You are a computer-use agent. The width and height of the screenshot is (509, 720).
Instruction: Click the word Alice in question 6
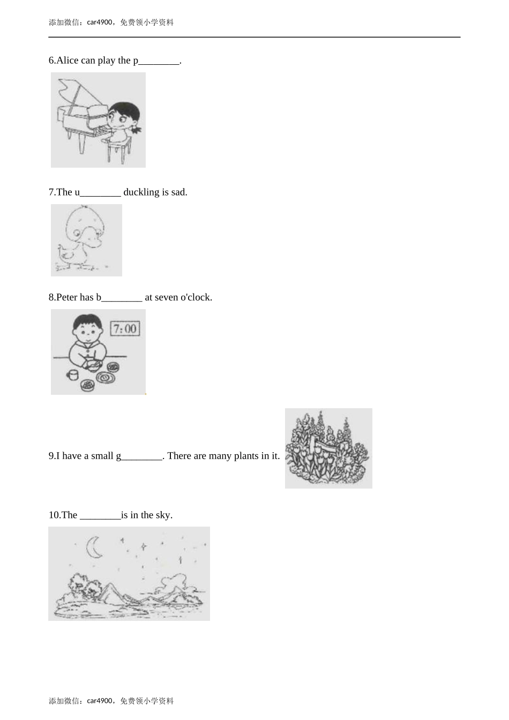pos(67,61)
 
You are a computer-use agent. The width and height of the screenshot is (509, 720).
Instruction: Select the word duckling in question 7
pos(141,192)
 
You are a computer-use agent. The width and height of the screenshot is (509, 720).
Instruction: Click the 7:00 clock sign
pos(125,328)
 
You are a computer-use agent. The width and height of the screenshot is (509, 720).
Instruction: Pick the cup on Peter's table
pos(73,375)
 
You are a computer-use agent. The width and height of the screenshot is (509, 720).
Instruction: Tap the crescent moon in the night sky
pos(93,547)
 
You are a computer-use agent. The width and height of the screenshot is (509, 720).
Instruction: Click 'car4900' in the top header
pos(100,22)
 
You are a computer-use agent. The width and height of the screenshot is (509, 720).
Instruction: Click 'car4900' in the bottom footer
pos(100,701)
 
